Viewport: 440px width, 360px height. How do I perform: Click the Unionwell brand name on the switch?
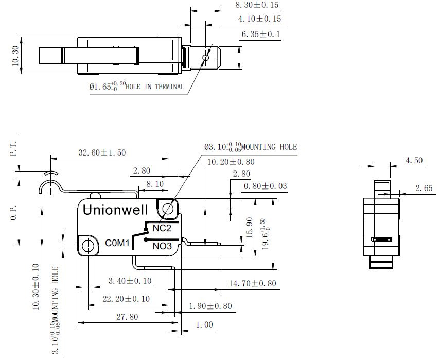(115, 210)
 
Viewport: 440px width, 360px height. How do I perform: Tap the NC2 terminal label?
(162, 228)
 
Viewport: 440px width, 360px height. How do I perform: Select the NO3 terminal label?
(162, 246)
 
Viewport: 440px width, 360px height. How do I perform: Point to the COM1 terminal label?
(117, 243)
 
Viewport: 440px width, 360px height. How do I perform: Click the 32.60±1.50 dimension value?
(102, 152)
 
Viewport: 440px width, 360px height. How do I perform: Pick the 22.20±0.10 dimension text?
(126, 299)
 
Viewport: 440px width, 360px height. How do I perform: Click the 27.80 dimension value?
(128, 317)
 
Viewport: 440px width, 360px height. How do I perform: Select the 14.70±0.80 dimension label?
(253, 283)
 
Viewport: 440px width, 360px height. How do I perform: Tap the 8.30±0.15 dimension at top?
(257, 5)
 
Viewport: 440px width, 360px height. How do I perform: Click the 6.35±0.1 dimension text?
(261, 35)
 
